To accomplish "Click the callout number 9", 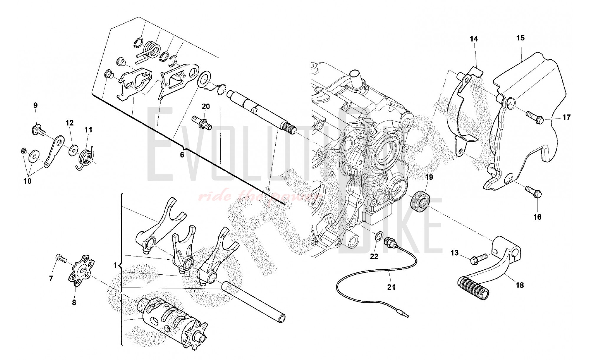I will pyautogui.click(x=35, y=105).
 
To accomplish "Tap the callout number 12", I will pyautogui.click(x=69, y=123).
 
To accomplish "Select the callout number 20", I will pyautogui.click(x=206, y=107).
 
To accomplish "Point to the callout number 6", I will pyautogui.click(x=182, y=155).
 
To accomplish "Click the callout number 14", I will pyautogui.click(x=474, y=39).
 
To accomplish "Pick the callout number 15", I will pyautogui.click(x=520, y=38).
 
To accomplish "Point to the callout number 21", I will pyautogui.click(x=391, y=287).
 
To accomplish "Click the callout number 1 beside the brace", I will pyautogui.click(x=115, y=266).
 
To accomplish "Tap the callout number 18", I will pyautogui.click(x=520, y=285).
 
